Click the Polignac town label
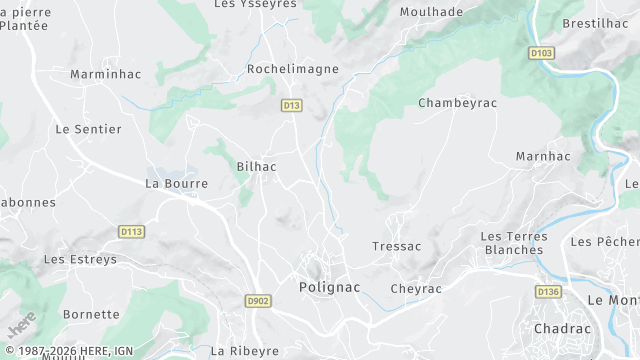pyautogui.click(x=330, y=287)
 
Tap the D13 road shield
pyautogui.click(x=291, y=104)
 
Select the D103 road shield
pyautogui.click(x=541, y=53)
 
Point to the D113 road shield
pyautogui.click(x=132, y=232)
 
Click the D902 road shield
pyautogui.click(x=258, y=300)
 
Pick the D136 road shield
pyautogui.click(x=547, y=292)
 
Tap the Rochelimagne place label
pyautogui.click(x=293, y=69)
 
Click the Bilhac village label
pyautogui.click(x=256, y=167)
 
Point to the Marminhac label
pyautogui.click(x=102, y=74)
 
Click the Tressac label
pyautogui.click(x=396, y=246)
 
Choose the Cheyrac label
pyautogui.click(x=416, y=288)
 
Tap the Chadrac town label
pyautogui.click(x=562, y=328)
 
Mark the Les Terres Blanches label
pyautogui.click(x=514, y=243)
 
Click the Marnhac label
pyautogui.click(x=543, y=157)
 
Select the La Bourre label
pyautogui.click(x=177, y=184)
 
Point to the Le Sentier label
pyautogui.click(x=88, y=129)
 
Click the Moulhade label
pyautogui.click(x=431, y=12)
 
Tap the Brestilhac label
pyautogui.click(x=595, y=23)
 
